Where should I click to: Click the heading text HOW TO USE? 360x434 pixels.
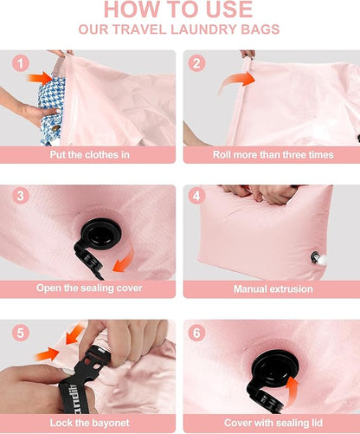tap(179, 10)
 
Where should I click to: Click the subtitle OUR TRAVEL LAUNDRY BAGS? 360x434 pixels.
tap(179, 29)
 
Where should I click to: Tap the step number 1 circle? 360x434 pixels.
tap(21, 63)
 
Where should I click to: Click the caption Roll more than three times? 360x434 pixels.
tap(271, 155)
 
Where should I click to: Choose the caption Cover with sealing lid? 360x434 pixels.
tap(271, 424)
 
